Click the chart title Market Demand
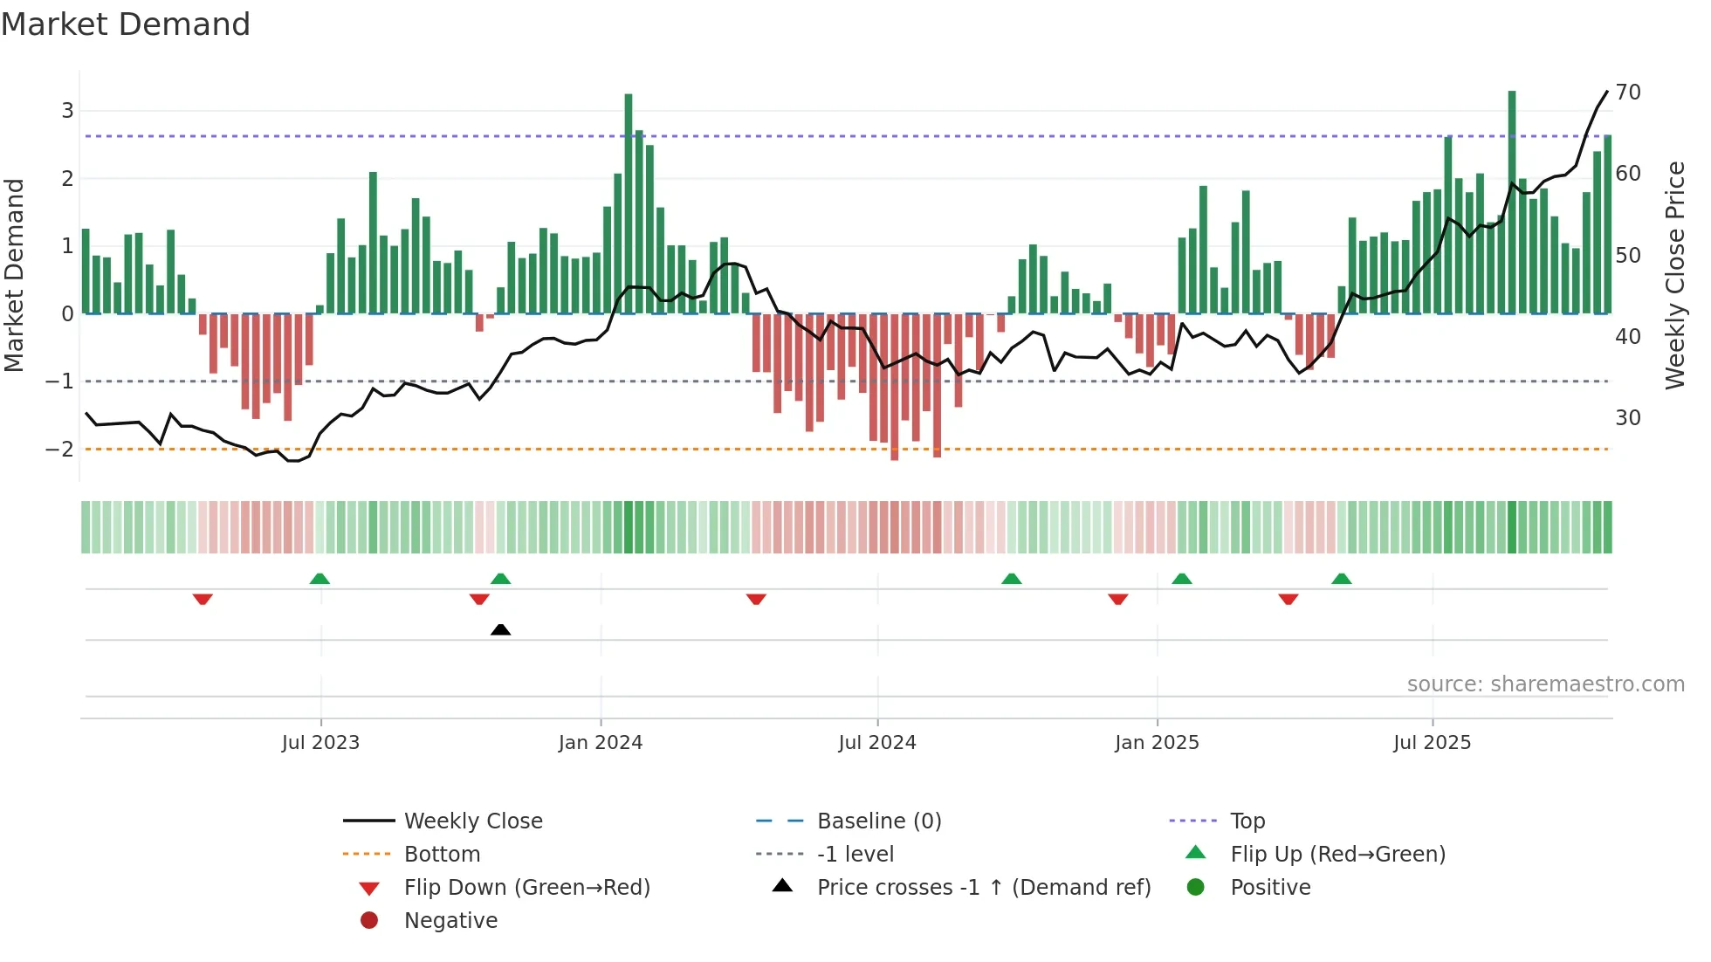click(126, 24)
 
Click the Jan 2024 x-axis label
click(600, 743)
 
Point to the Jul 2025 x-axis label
click(1432, 743)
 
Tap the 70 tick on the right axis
click(1627, 93)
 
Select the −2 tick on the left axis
click(60, 450)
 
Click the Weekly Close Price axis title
click(1674, 275)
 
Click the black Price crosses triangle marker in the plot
click(500, 629)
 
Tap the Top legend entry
click(1247, 821)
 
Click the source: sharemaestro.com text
click(1545, 684)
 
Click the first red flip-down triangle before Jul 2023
click(203, 599)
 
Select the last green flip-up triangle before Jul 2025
click(1342, 579)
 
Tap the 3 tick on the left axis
click(67, 111)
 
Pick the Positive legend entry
click(1269, 888)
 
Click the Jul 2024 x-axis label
click(876, 743)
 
